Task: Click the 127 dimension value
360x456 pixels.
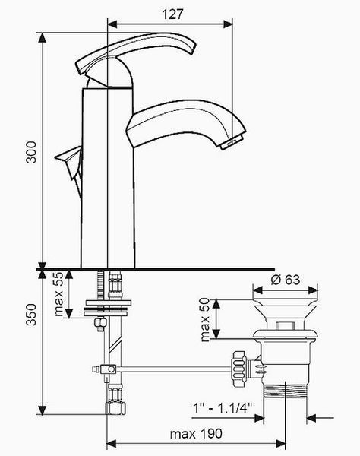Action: [172, 14]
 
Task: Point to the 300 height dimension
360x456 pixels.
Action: [31, 152]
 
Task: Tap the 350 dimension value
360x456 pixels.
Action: [31, 315]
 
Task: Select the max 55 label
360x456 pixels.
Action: [58, 293]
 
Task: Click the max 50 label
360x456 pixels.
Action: [205, 319]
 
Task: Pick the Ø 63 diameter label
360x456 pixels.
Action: [286, 280]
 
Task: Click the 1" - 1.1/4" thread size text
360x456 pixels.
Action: [223, 407]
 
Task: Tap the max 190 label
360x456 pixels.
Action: [196, 434]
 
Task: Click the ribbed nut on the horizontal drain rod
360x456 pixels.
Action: [238, 369]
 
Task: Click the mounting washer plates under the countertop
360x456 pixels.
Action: [107, 308]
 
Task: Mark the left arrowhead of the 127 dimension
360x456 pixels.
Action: [112, 24]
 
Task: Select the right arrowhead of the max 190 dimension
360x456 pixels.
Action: [281, 444]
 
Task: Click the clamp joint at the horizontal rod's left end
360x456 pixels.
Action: [109, 369]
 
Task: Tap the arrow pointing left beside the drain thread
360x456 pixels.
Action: [311, 419]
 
